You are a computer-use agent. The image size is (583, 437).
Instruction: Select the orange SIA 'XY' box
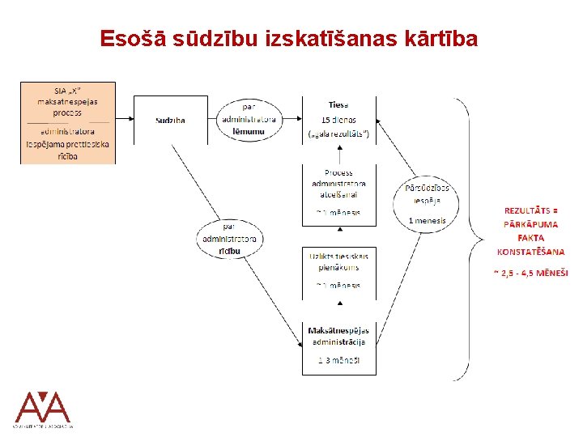coord(68,122)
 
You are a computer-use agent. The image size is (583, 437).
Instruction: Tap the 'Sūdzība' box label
coord(170,121)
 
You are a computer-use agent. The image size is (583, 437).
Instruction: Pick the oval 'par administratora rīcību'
coord(229,239)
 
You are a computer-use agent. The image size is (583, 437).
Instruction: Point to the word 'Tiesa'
coord(338,105)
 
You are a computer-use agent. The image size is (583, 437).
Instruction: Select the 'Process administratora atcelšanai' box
coord(338,184)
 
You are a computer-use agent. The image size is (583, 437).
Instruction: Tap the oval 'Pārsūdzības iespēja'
coord(428,194)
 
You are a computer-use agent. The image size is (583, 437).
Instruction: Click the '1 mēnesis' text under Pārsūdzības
coord(428,220)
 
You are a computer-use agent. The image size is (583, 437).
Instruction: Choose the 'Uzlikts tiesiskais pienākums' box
coord(338,261)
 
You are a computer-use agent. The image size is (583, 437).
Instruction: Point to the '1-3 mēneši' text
coord(338,361)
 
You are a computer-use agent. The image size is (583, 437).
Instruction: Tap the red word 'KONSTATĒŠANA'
coord(531,251)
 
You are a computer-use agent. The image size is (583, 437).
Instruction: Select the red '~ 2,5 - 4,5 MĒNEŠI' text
coord(531,273)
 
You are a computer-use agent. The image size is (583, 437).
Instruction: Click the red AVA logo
coord(43,408)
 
